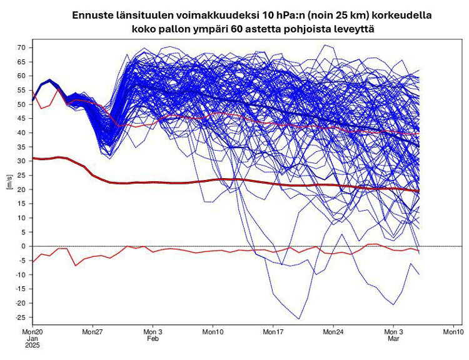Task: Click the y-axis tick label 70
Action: [21, 47]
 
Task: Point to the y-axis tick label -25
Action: [19, 317]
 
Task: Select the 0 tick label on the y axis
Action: [23, 246]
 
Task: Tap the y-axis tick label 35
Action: [21, 147]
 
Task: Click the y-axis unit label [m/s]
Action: [8, 182]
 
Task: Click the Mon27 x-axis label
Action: [92, 332]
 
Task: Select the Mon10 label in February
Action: [213, 332]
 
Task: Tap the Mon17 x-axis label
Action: [273, 332]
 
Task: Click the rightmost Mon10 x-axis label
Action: [453, 332]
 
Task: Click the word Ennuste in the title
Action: [93, 14]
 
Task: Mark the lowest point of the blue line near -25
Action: [299, 319]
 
